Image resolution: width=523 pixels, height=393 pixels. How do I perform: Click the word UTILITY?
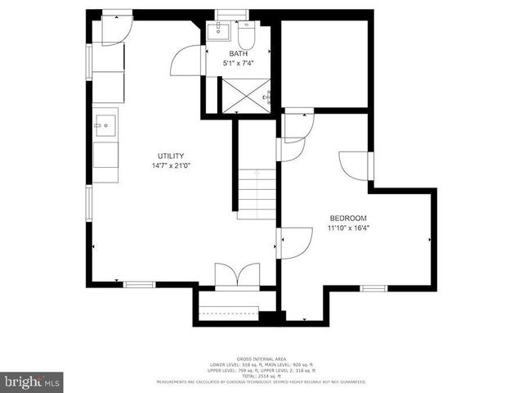point(171,156)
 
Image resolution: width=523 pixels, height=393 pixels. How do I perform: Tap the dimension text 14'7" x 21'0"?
point(171,165)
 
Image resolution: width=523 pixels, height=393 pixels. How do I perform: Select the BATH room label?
point(238,54)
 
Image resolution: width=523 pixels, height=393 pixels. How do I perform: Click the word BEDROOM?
point(348,218)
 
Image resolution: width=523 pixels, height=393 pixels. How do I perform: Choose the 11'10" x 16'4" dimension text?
point(348,228)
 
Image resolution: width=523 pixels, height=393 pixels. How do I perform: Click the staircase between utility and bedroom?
point(257,192)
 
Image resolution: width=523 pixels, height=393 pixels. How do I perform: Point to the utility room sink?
point(105,125)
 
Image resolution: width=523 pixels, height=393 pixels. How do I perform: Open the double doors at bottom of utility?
point(237,275)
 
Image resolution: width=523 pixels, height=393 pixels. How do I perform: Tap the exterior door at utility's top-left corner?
point(114,29)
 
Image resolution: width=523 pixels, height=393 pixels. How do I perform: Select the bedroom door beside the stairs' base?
point(295,243)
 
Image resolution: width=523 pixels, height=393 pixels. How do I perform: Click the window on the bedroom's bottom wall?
point(373,287)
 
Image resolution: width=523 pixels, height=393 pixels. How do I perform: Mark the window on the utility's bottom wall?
point(139,284)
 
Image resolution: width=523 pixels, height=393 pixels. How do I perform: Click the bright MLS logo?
point(32,382)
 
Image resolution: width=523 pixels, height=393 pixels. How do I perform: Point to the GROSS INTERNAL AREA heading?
point(261,359)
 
